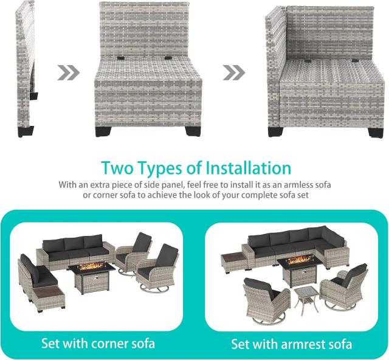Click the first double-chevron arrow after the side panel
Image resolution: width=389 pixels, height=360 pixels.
[69, 73]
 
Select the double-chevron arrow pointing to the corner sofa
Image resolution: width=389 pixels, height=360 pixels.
[234, 73]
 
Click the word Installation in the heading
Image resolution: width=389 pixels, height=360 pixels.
[249, 168]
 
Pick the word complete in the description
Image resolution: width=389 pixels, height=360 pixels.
[258, 195]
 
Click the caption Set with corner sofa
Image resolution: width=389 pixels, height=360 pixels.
[98, 344]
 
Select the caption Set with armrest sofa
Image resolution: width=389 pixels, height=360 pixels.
[292, 344]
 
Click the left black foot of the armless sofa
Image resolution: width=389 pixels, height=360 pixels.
[103, 131]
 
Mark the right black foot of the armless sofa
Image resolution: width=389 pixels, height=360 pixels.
[192, 131]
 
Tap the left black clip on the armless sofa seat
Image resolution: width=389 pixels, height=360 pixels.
[122, 58]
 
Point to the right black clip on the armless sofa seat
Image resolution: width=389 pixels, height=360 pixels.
[168, 58]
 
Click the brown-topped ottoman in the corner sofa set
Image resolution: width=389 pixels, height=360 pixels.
[48, 297]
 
